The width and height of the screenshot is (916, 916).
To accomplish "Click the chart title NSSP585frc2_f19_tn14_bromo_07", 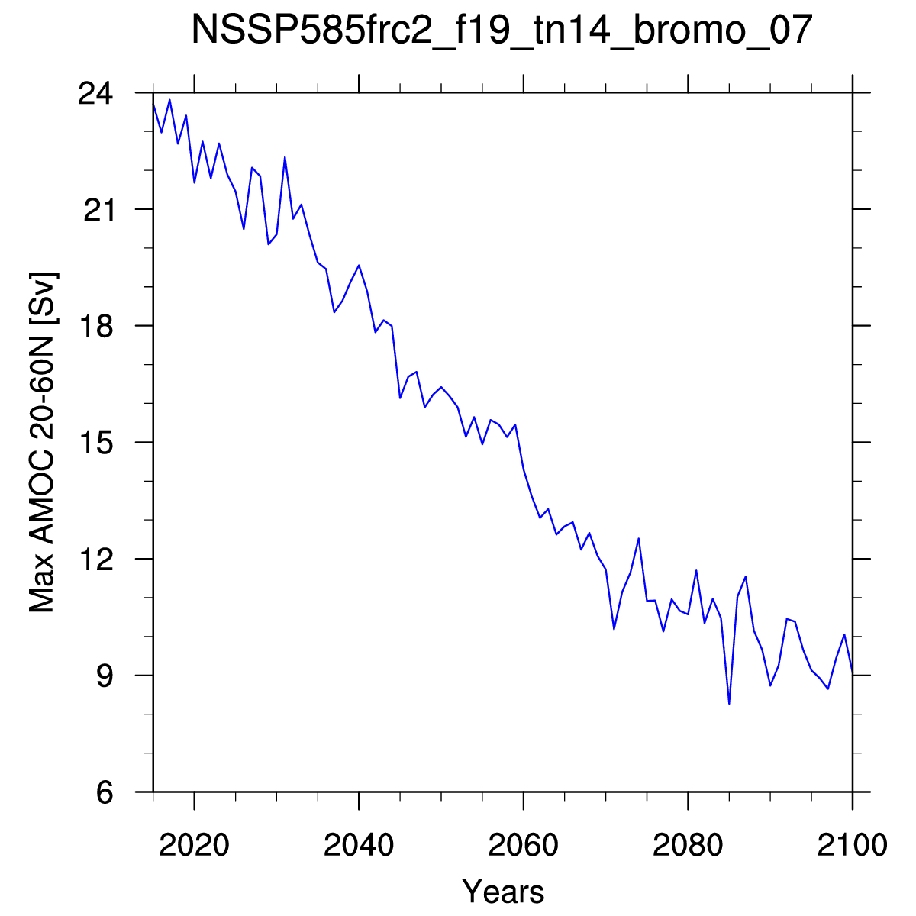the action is (x=502, y=30).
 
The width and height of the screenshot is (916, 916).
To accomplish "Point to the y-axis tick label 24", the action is (x=95, y=93).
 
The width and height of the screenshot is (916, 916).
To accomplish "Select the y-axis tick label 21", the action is (x=99, y=210).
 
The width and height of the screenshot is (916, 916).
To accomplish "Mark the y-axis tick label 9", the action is (x=105, y=676).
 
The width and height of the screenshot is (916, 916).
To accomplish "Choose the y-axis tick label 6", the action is (x=105, y=792).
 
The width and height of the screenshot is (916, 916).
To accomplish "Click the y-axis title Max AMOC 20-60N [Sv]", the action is (x=43, y=443).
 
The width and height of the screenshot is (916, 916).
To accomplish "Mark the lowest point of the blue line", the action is (x=729, y=704).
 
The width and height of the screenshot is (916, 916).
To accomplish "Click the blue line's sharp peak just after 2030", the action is (x=285, y=157).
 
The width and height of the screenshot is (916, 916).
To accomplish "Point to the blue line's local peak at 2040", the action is (x=359, y=265).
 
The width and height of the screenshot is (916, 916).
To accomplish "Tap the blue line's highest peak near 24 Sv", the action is (x=169, y=100).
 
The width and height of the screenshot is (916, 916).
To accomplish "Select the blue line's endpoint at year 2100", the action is (x=853, y=672).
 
